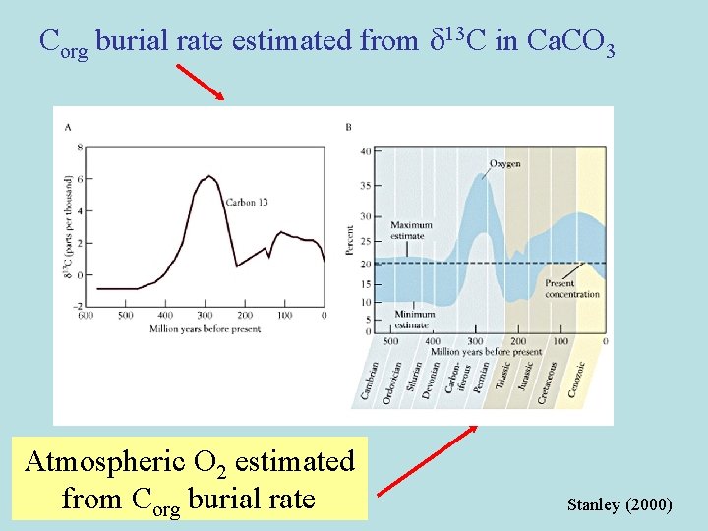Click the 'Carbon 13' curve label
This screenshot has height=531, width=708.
pyautogui.click(x=247, y=202)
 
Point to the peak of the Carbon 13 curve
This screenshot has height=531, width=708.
pyautogui.click(x=207, y=177)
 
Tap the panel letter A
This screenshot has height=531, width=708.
pyautogui.click(x=68, y=127)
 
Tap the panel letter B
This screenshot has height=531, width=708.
pyautogui.click(x=349, y=127)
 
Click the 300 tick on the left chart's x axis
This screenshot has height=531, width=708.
pyautogui.click(x=205, y=316)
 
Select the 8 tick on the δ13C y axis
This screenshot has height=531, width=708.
pyautogui.click(x=80, y=147)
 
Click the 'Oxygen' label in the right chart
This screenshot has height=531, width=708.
pyautogui.click(x=505, y=163)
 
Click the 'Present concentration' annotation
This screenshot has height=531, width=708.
pyautogui.click(x=572, y=289)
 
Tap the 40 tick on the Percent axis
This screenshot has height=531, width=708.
pyautogui.click(x=365, y=150)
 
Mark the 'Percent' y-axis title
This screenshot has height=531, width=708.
pyautogui.click(x=350, y=239)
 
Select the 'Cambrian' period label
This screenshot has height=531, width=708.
pyautogui.click(x=368, y=383)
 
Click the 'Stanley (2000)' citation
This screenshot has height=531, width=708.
pyautogui.click(x=619, y=504)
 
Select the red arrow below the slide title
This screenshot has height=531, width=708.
pyautogui.click(x=200, y=82)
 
